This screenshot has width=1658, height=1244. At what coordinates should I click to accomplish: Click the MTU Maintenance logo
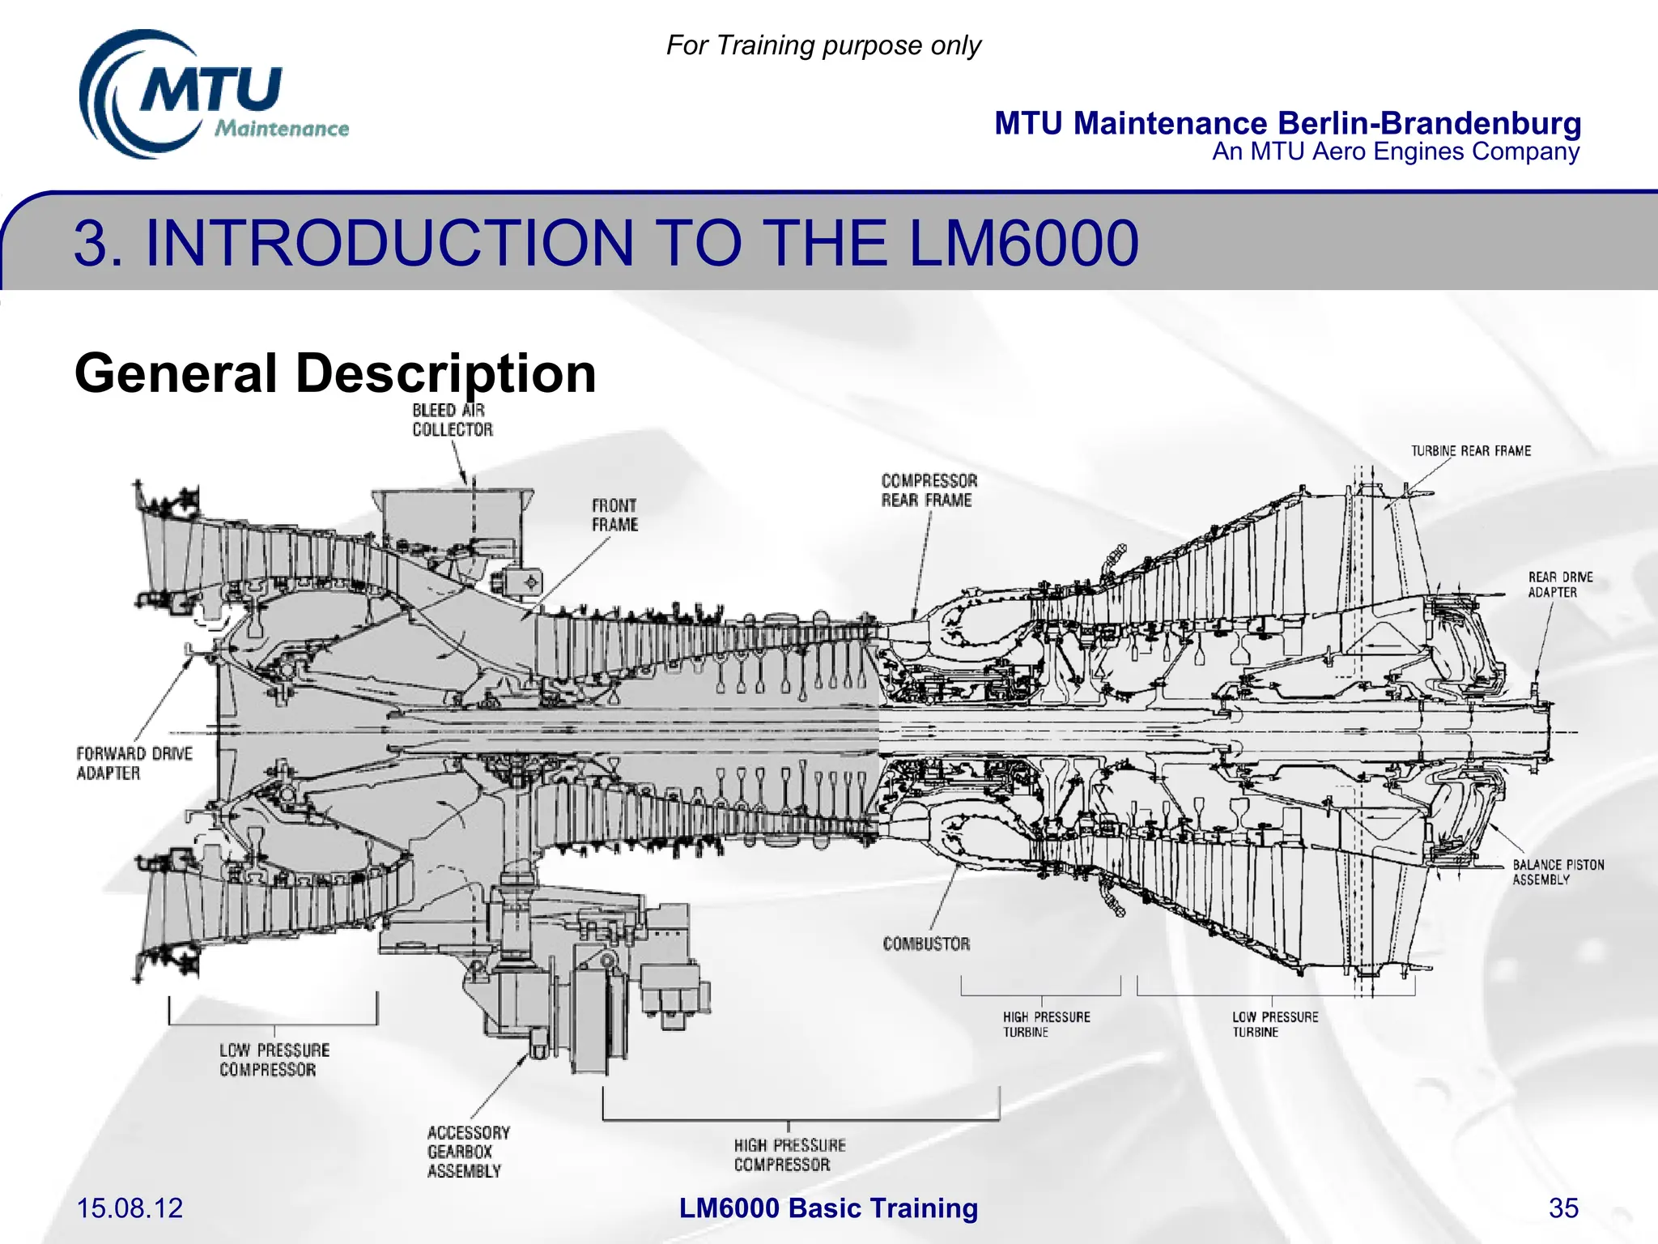tap(212, 95)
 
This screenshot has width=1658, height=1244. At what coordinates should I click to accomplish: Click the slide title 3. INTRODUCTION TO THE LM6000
tap(606, 243)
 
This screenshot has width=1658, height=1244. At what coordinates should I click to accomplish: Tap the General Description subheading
tap(335, 373)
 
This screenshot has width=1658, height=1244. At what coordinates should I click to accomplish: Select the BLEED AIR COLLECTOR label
tap(452, 420)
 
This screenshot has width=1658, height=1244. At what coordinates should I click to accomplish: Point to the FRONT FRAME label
tap(614, 515)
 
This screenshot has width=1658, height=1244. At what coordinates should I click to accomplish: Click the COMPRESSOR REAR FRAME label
tap(929, 491)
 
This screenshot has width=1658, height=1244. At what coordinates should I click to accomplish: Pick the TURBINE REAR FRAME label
tap(1470, 451)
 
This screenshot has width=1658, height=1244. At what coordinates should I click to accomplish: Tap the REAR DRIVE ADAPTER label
tap(1559, 585)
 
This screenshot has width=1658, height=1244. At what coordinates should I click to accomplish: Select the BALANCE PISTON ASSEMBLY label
tap(1558, 872)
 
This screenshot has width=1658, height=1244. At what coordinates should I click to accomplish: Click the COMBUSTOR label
tap(926, 944)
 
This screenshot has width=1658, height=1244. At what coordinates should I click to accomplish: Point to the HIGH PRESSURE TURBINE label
tap(1046, 1025)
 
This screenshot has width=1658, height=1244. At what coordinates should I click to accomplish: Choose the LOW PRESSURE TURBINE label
tap(1274, 1025)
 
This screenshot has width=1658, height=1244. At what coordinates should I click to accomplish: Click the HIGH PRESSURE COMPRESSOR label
tap(789, 1155)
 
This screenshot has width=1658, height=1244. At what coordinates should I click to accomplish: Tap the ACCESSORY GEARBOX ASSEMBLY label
tap(468, 1152)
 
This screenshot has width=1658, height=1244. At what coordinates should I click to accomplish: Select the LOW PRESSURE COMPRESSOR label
tap(274, 1060)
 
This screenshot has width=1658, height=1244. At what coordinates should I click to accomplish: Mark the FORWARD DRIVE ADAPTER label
tap(134, 763)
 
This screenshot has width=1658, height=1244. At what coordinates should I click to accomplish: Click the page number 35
tap(1562, 1208)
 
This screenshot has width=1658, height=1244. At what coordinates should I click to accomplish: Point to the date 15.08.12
tap(130, 1208)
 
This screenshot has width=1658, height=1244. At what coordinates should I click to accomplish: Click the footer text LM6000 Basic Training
tap(828, 1208)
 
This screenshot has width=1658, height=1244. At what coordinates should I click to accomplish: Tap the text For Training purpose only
tap(823, 45)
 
